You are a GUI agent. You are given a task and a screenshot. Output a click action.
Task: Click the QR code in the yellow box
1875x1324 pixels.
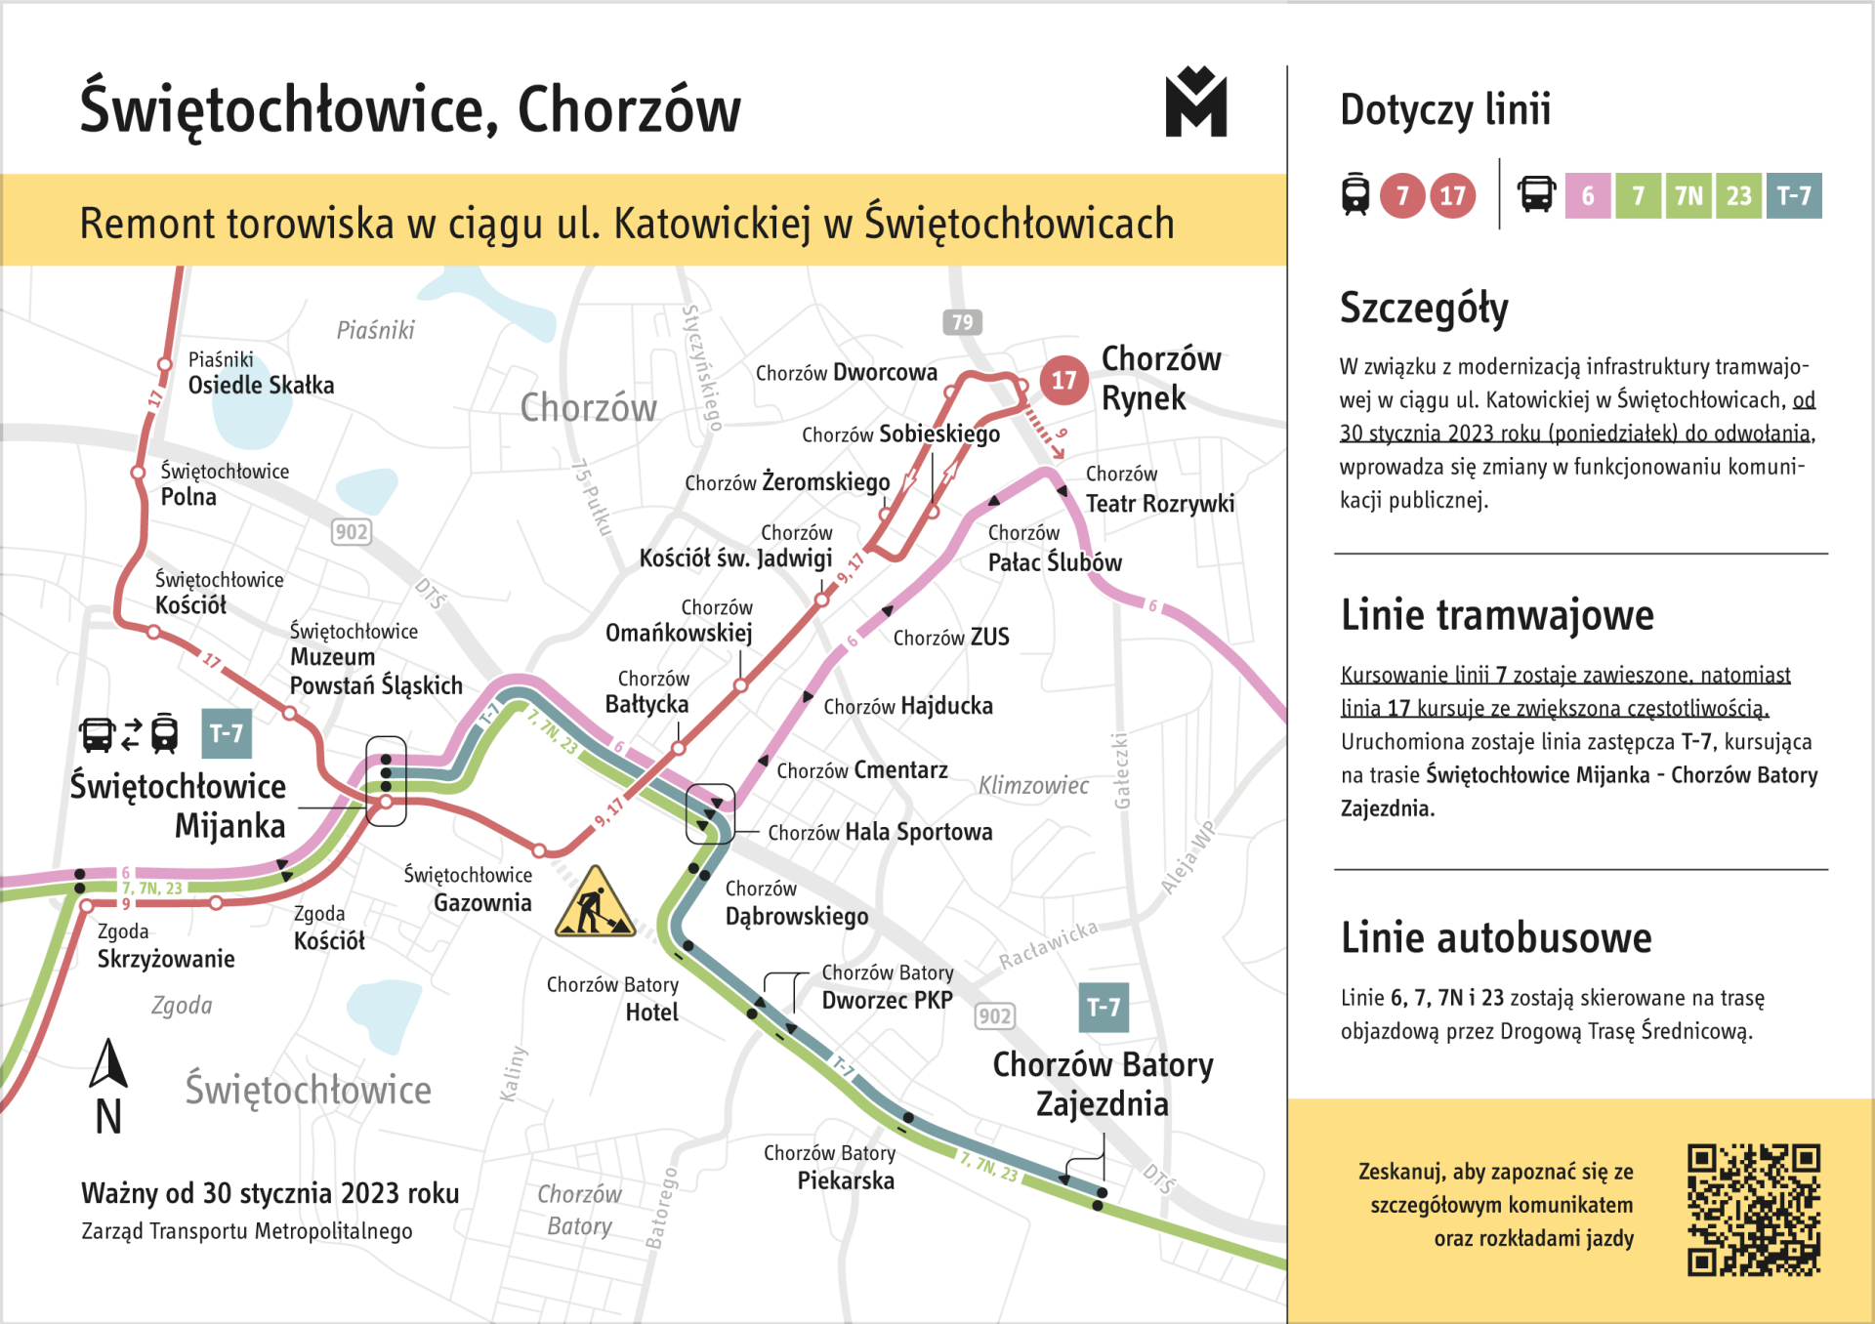click(x=1754, y=1210)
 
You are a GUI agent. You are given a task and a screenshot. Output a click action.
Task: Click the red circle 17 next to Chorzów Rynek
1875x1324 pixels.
click(x=1063, y=380)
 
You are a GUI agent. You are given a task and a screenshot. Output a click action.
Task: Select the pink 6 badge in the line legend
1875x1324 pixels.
click(x=1588, y=196)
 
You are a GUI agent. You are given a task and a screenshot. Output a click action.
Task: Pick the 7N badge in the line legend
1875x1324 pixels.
click(x=1689, y=196)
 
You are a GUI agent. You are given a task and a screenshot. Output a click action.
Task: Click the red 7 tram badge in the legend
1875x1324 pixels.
click(x=1402, y=196)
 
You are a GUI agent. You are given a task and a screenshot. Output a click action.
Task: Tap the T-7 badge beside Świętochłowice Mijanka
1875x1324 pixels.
click(x=227, y=734)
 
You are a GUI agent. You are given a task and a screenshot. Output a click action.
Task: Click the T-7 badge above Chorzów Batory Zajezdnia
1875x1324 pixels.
click(x=1104, y=1008)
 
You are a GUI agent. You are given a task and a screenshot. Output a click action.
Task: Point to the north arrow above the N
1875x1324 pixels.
click(x=108, y=1063)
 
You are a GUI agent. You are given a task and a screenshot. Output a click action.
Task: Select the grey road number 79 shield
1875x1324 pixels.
click(x=962, y=322)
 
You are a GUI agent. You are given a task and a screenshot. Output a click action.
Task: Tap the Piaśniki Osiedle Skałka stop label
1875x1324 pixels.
click(x=261, y=374)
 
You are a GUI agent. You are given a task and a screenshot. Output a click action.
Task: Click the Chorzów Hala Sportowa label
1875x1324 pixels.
click(x=880, y=832)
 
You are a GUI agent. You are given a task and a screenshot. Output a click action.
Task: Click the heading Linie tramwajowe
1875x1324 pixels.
click(x=1497, y=616)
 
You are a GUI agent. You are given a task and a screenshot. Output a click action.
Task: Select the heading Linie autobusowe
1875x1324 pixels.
click(x=1496, y=938)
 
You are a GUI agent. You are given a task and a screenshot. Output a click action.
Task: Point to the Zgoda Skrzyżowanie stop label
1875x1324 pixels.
click(x=165, y=945)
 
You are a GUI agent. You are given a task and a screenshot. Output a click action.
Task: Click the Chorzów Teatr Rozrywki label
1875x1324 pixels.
click(x=1159, y=489)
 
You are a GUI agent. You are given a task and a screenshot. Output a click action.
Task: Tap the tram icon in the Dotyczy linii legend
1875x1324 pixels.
click(x=1355, y=194)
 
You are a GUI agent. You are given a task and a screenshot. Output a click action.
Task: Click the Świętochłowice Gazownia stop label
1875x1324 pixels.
click(x=469, y=889)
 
